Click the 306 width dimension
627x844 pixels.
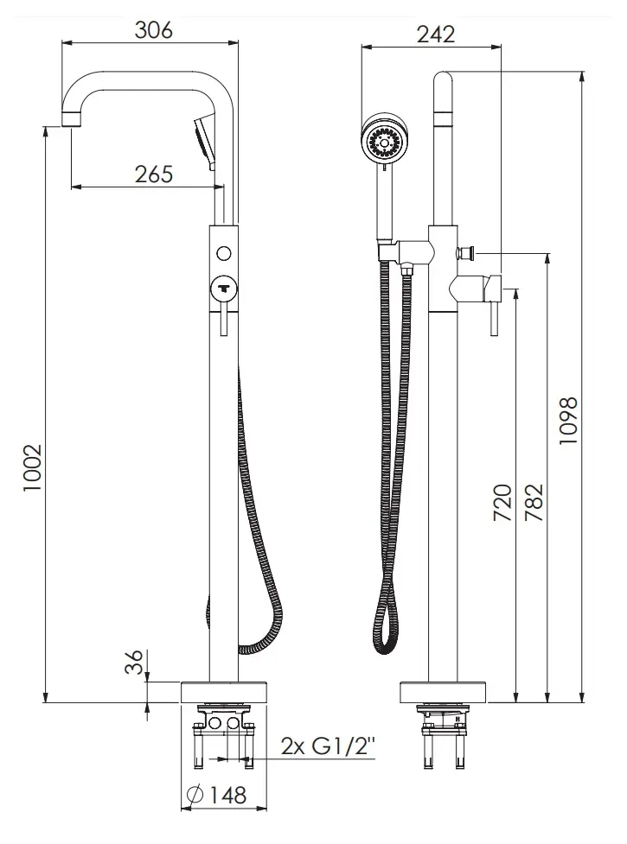(x=154, y=30)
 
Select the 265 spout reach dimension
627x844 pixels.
(x=154, y=175)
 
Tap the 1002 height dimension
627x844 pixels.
(x=32, y=467)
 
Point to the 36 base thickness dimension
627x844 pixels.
(x=134, y=662)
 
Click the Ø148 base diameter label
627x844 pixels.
(x=215, y=795)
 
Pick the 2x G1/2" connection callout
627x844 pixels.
(x=328, y=746)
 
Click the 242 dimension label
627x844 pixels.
(x=436, y=35)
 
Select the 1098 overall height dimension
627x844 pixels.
(x=567, y=421)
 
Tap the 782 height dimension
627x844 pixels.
(x=534, y=503)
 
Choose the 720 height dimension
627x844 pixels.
(x=502, y=503)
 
